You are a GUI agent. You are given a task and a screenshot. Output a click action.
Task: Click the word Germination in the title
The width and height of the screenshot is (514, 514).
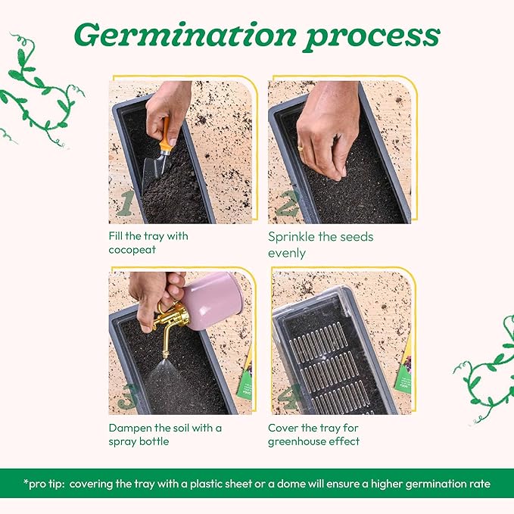[x=185, y=34]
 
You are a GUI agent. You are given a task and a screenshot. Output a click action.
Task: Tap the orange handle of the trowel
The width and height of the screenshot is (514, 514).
[x=166, y=135]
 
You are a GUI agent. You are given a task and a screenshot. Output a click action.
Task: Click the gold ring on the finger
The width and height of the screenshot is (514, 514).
[x=301, y=148]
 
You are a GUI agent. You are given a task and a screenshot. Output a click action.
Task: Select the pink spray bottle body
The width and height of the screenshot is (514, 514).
[x=212, y=301]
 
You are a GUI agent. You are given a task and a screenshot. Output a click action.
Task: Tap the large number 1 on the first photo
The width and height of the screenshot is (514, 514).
[x=125, y=202]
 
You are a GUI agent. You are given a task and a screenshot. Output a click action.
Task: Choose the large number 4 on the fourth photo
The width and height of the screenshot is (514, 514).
[x=288, y=396]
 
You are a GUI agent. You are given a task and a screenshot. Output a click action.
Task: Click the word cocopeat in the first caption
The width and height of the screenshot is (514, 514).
[x=132, y=250]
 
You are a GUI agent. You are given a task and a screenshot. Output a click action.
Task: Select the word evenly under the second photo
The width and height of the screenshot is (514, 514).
[x=287, y=254]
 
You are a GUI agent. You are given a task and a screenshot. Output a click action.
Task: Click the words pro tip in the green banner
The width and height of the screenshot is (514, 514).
[x=44, y=484]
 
